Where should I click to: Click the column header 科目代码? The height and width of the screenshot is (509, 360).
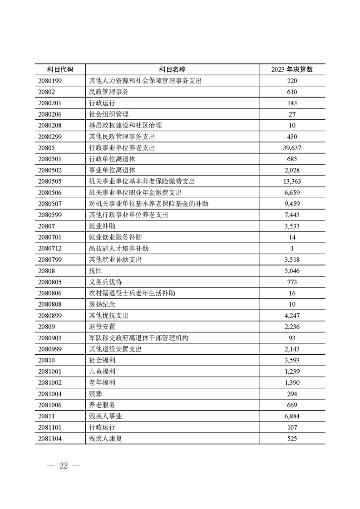point(60,69)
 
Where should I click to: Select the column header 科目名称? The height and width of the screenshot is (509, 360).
point(172,69)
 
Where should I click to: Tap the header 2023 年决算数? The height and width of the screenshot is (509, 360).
point(292,69)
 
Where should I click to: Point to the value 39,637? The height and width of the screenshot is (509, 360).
point(292,148)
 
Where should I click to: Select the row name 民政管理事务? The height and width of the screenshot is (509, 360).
point(109,92)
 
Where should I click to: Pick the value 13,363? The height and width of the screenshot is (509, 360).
point(292,181)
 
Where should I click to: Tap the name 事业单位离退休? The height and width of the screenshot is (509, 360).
point(112,170)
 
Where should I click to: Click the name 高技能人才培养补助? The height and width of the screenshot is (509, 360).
point(119,249)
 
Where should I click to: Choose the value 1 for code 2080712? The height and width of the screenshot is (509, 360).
point(292,249)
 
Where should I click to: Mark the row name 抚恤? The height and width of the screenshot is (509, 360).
point(96,271)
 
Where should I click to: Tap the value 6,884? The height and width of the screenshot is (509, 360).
point(292,416)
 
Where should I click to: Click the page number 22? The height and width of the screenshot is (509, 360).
point(63,466)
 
